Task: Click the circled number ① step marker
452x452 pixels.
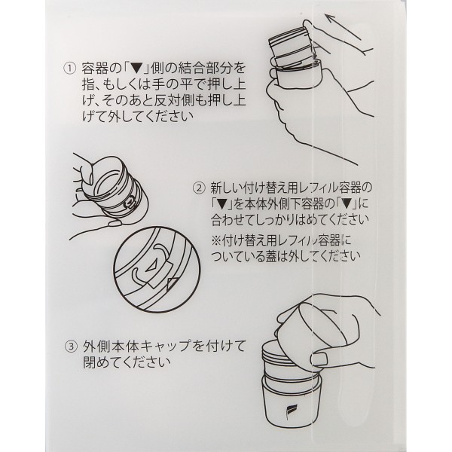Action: tap(69, 69)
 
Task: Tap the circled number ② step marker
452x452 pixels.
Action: tap(199, 188)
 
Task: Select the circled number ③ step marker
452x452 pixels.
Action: tap(71, 347)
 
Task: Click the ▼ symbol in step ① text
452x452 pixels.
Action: tap(136, 69)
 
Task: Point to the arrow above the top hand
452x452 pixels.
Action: tap(343, 26)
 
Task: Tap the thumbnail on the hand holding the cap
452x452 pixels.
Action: tap(319, 359)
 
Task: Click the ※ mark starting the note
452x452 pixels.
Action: tap(216, 240)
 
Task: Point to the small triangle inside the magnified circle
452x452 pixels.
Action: tap(151, 267)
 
